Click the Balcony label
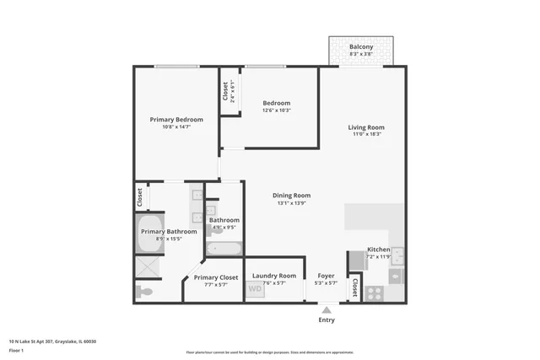tap(361, 46)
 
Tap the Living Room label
tap(365, 127)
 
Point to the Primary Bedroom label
tap(176, 120)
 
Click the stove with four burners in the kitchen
tap(373, 295)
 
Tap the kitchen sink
tap(397, 255)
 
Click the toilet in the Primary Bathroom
tap(145, 292)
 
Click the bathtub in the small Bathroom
tap(224, 248)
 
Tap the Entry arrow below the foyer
tap(326, 309)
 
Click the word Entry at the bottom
tap(326, 320)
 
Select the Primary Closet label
tap(216, 277)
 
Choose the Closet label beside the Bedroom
tap(226, 91)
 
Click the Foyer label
tap(326, 276)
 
